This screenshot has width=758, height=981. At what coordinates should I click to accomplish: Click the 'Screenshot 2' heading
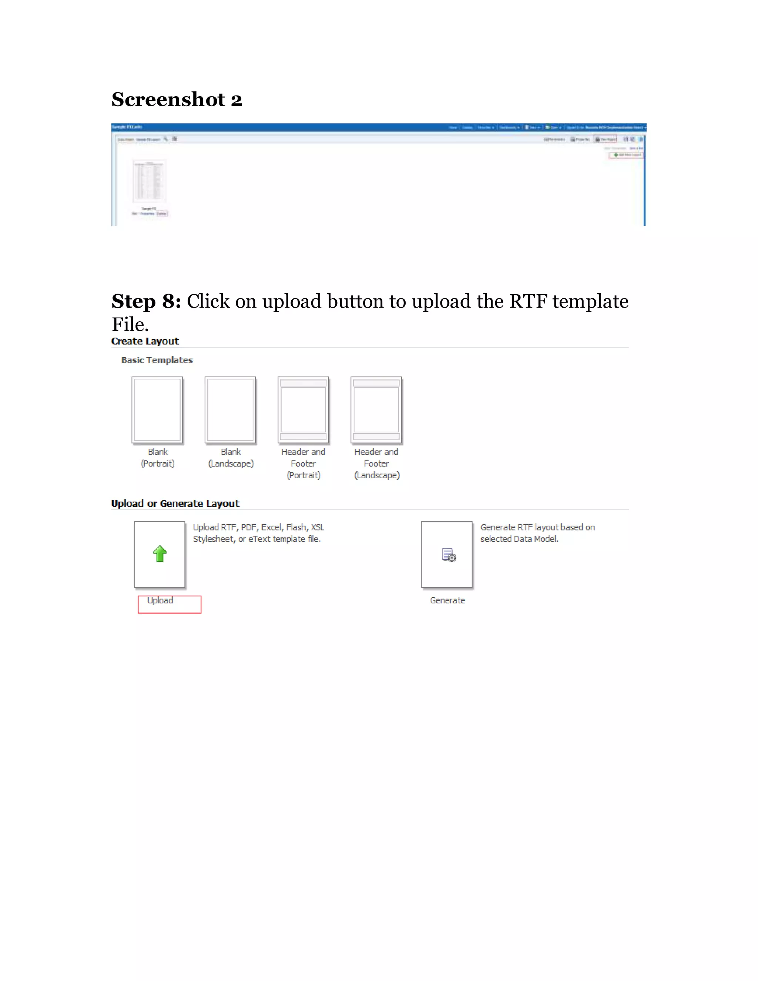177,99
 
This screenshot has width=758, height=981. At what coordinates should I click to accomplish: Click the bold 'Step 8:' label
146,301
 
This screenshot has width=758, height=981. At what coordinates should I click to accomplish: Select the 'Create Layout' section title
145,341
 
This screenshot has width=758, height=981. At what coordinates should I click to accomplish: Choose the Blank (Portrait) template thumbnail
157,410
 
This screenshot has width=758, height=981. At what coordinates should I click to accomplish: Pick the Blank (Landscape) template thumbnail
230,410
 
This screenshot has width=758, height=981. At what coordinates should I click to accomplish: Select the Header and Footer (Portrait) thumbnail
303,410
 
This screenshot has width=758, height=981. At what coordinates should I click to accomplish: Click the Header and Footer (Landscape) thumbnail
376,410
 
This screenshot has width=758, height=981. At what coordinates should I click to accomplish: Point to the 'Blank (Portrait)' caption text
158,458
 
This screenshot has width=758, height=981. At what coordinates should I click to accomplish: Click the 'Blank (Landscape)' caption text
231,458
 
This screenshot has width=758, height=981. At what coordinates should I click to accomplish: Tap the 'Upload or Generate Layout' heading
175,503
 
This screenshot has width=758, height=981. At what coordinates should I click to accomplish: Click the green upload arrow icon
160,554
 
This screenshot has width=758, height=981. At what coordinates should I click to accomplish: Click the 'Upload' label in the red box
160,600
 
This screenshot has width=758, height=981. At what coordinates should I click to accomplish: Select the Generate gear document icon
449,555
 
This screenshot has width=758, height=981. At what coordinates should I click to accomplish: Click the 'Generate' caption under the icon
447,600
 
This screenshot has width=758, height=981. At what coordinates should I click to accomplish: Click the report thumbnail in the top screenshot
150,181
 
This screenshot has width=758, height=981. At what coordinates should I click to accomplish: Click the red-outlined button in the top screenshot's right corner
626,155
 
